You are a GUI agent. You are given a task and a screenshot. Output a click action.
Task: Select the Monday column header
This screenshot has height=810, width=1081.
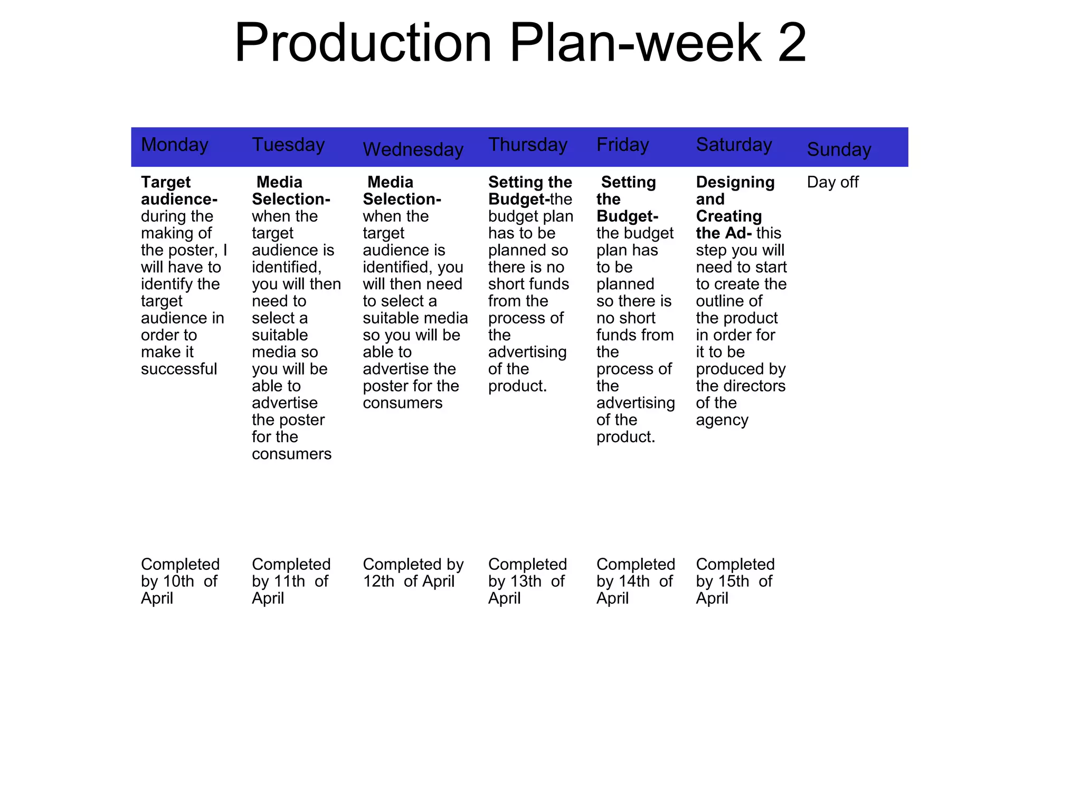[x=175, y=145]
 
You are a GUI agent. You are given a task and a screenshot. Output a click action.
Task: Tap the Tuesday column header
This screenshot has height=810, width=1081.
[x=288, y=145]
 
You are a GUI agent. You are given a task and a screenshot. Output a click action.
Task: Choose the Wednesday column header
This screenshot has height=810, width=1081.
[x=413, y=149]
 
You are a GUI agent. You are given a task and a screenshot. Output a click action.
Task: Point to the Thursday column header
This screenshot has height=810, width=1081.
[x=527, y=145]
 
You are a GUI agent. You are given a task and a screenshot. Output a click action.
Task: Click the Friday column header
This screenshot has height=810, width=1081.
[x=622, y=145]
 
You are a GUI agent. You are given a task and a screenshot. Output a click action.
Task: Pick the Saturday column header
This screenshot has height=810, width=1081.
[x=734, y=145]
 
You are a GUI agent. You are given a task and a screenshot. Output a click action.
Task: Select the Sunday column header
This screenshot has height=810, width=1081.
[x=839, y=149]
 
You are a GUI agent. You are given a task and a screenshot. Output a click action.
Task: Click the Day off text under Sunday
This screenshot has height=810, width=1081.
[x=832, y=182]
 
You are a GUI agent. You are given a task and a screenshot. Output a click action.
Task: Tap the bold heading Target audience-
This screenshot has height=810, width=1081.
[x=179, y=190]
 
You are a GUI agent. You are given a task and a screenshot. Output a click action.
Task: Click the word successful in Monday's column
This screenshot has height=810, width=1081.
[x=179, y=369]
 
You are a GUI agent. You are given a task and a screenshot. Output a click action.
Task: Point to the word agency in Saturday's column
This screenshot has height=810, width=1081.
[x=722, y=420]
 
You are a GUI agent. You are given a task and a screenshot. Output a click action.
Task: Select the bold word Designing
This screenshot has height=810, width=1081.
[x=735, y=182]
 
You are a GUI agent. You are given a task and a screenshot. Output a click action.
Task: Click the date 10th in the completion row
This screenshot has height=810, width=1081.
[x=178, y=582]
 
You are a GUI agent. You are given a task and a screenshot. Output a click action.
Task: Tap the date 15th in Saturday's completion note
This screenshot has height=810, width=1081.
[x=734, y=582]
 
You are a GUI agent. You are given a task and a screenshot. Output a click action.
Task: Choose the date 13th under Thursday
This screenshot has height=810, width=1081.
[x=526, y=582]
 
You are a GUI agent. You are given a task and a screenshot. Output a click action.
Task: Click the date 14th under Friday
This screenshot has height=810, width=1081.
[x=634, y=582]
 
